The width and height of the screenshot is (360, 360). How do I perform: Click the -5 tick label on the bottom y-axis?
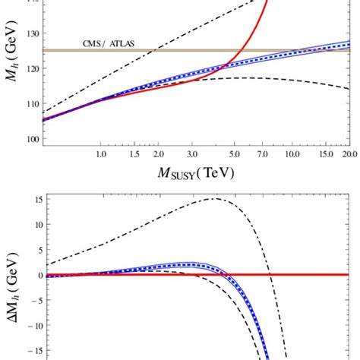click(32, 300)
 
